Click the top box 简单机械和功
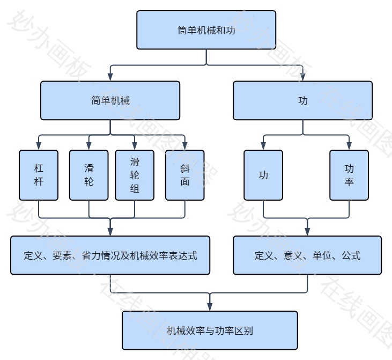206,30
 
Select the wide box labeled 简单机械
110,100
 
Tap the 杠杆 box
38,175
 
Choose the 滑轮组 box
135,175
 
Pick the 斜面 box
185,175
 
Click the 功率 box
349,175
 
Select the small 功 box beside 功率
263,175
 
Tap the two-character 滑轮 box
89,175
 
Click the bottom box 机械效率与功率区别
210,330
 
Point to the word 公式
351,255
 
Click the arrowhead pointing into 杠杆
38,146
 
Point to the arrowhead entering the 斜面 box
185,146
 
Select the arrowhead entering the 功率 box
349,146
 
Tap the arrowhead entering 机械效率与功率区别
210,307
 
